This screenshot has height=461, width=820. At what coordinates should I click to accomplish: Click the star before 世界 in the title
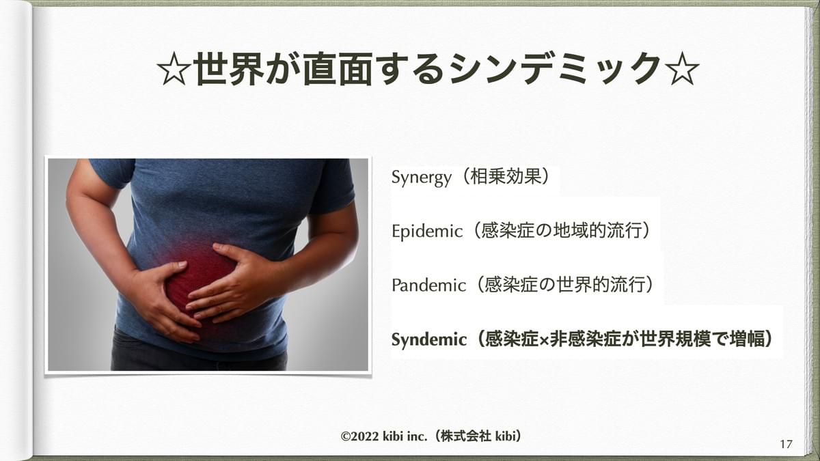click(x=174, y=69)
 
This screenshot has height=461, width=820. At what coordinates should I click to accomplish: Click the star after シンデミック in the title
click(x=682, y=69)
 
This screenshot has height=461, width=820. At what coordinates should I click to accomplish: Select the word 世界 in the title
click(x=230, y=69)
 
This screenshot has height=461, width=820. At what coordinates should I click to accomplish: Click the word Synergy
click(x=422, y=178)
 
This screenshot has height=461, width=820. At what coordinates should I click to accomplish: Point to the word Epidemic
click(x=427, y=232)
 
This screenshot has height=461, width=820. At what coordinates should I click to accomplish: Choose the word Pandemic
click(x=428, y=285)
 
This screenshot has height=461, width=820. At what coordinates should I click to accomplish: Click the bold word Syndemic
click(x=428, y=339)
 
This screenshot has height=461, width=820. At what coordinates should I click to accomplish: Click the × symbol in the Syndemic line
click(x=545, y=341)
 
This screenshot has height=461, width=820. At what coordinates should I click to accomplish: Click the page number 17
click(x=786, y=444)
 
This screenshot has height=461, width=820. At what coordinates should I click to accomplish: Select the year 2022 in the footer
click(x=366, y=436)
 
